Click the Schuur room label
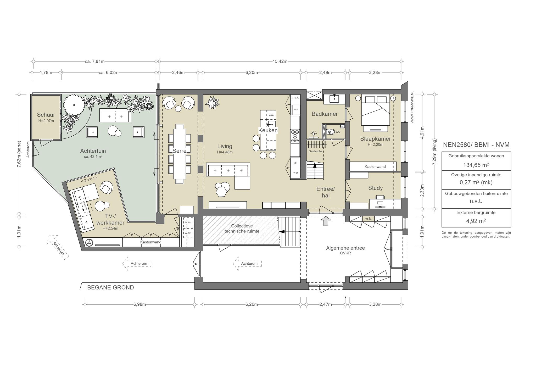pyautogui.click(x=46, y=115)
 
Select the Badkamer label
pyautogui.click(x=325, y=114)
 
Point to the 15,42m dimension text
pyautogui.click(x=280, y=62)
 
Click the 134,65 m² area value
pyautogui.click(x=476, y=165)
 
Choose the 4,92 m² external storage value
pyautogui.click(x=476, y=221)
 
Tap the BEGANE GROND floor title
pyautogui.click(x=110, y=287)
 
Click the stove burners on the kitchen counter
pyautogui.click(x=295, y=136)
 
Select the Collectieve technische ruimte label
pyautogui.click(x=242, y=228)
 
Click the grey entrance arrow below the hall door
pyautogui.click(x=326, y=221)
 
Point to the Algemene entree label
pyautogui.click(x=345, y=248)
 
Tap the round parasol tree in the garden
pyautogui.click(x=74, y=104)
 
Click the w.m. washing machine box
pyautogui.click(x=188, y=222)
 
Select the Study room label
pyautogui.click(x=375, y=188)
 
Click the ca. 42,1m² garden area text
pyautogui.click(x=93, y=157)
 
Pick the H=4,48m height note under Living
pyautogui.click(x=225, y=152)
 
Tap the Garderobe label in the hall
pyautogui.click(x=315, y=151)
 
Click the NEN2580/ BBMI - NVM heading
pyautogui.click(x=476, y=145)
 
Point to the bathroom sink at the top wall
pyautogui.click(x=334, y=99)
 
